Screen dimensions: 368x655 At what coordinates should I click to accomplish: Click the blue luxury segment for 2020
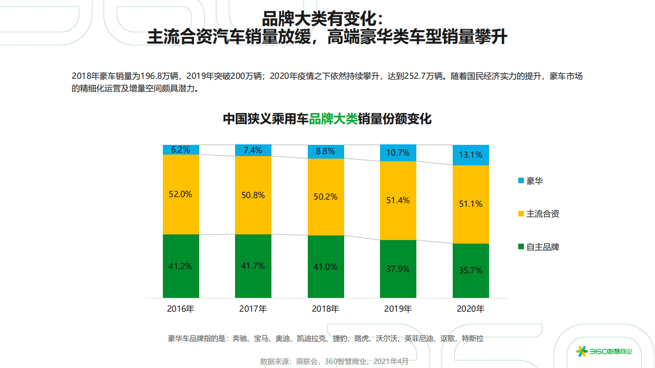click(471, 155)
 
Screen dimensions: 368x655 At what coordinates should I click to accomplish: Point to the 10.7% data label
click(398, 153)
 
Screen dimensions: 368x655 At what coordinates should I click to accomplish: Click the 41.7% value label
click(253, 266)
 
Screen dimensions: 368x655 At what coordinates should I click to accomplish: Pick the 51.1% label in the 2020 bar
click(471, 204)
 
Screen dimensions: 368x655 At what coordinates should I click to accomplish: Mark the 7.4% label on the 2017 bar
click(253, 150)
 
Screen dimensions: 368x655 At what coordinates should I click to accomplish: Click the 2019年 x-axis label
click(398, 309)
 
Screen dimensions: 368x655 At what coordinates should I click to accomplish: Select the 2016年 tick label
click(181, 309)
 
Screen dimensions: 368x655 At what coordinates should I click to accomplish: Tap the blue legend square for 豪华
click(521, 181)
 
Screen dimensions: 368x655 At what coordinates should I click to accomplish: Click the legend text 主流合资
click(543, 213)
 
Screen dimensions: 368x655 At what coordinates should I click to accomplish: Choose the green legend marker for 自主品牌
click(521, 247)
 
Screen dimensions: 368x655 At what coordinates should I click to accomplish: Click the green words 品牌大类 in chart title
click(333, 119)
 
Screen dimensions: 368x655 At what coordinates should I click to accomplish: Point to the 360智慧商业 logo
click(605, 351)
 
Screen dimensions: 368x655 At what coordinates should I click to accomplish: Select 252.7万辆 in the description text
click(424, 76)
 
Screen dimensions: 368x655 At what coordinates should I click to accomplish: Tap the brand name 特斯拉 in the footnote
click(473, 338)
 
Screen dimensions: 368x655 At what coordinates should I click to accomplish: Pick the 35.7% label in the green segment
click(471, 270)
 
